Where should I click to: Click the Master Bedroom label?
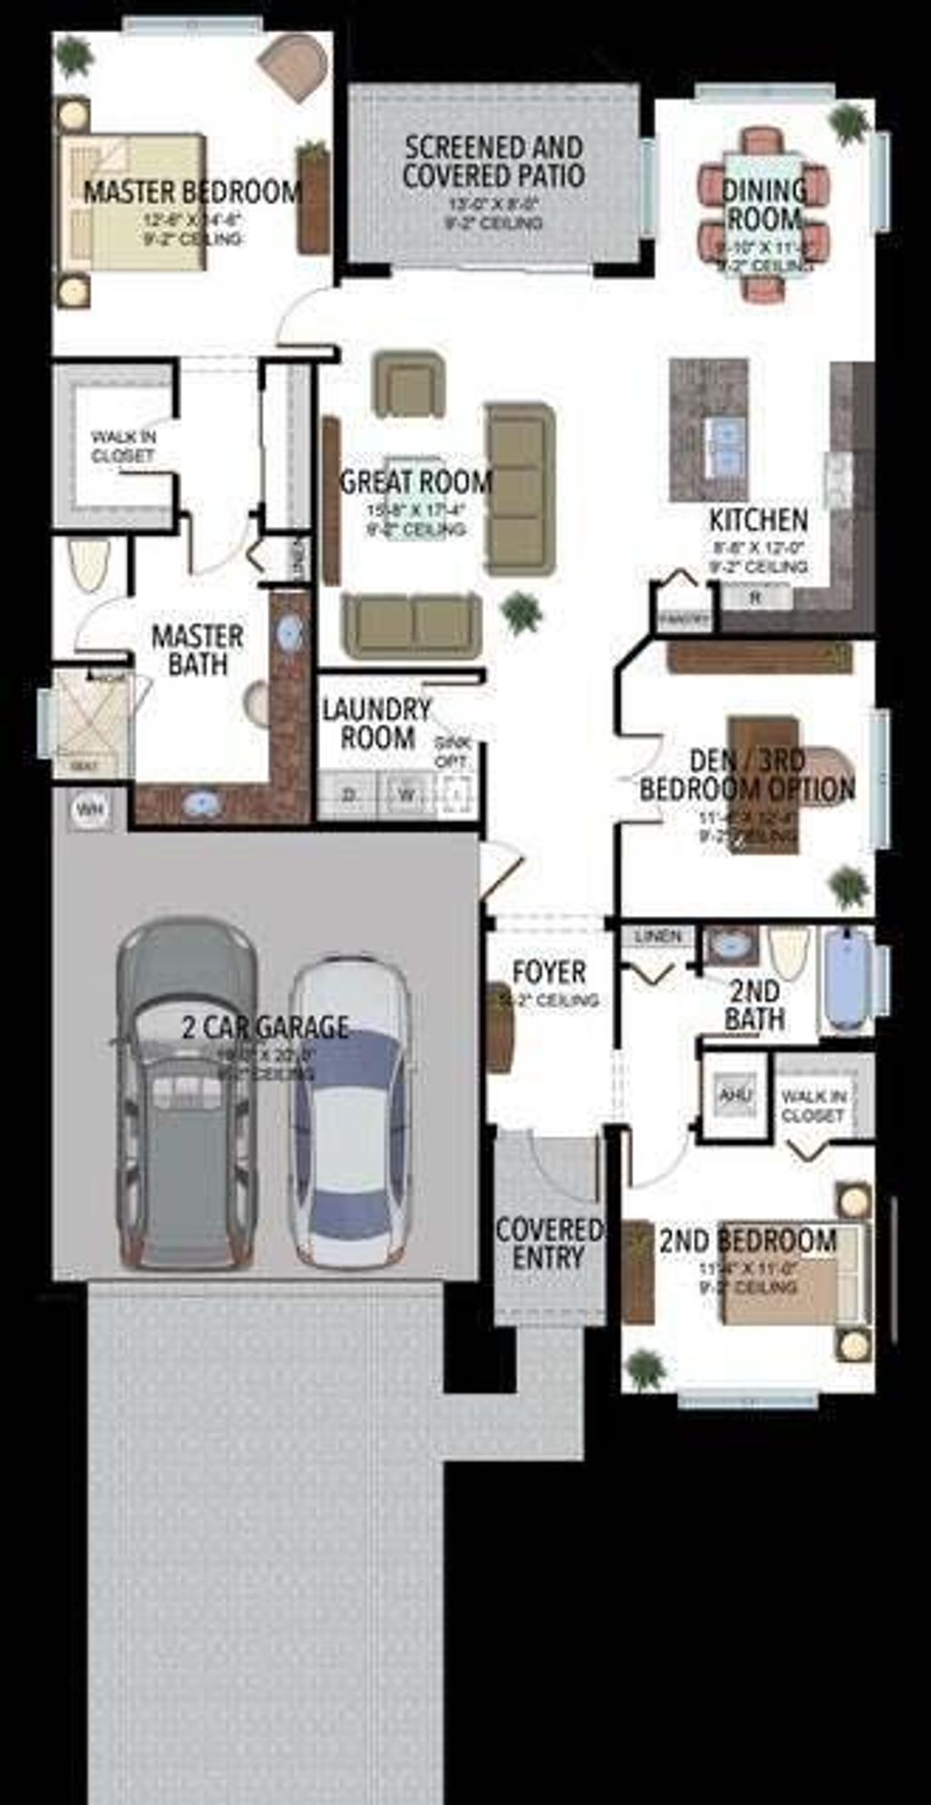pyautogui.click(x=191, y=192)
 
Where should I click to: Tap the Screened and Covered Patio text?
pyautogui.click(x=494, y=162)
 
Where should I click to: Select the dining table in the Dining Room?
pyautogui.click(x=764, y=215)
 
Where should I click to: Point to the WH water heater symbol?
pyautogui.click(x=88, y=808)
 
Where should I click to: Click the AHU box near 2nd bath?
pyautogui.click(x=735, y=1094)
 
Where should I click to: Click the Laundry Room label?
pyautogui.click(x=376, y=723)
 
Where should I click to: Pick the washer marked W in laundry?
pyautogui.click(x=405, y=795)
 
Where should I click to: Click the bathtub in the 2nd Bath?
pyautogui.click(x=846, y=980)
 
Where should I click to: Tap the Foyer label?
pyautogui.click(x=548, y=972)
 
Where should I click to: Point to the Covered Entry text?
pyautogui.click(x=548, y=1243)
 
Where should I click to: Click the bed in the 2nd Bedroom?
pyautogui.click(x=793, y=1272)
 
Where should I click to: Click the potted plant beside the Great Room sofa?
pyautogui.click(x=522, y=613)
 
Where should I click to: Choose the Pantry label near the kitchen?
pyautogui.click(x=684, y=619)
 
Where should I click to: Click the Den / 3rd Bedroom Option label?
pyautogui.click(x=746, y=774)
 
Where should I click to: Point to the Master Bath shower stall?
pyautogui.click(x=89, y=723)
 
